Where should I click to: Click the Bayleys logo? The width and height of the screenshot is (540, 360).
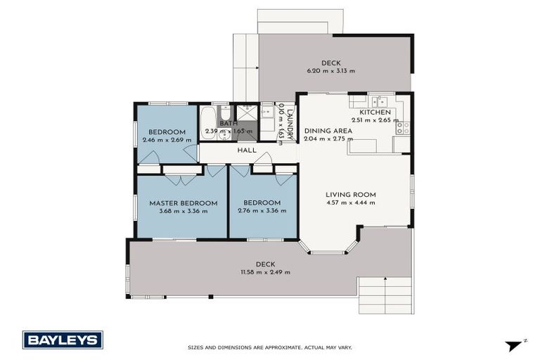coord(63,340)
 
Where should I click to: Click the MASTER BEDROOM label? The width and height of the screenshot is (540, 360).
coord(183,202)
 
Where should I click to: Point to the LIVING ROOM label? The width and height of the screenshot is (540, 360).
coord(350,195)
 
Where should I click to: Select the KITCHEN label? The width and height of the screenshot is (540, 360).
coord(375,112)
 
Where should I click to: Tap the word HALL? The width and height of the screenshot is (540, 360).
coord(247,150)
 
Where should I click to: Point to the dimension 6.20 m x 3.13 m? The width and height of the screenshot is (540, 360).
coord(330,70)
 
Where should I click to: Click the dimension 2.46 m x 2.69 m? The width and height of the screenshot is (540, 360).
coord(167,140)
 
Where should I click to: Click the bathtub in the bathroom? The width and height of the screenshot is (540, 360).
coord(207,122)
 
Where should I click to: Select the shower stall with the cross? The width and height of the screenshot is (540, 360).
coord(246,112)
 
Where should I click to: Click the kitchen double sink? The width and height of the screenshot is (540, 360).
coord(379,101)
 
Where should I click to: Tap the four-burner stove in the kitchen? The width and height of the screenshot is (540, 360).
coord(403,127)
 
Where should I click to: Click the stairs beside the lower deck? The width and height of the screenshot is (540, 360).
coord(385,295)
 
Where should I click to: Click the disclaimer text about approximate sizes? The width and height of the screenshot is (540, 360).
coord(269,347)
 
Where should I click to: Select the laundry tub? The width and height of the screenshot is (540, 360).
coord(267,112)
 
